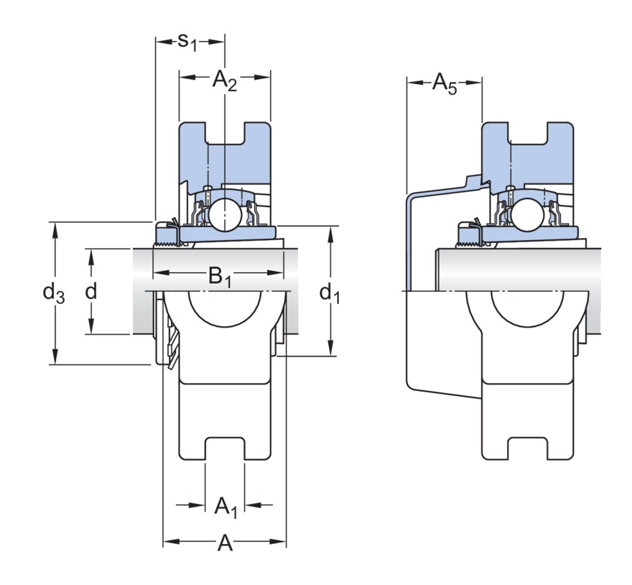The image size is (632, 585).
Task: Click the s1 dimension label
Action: pos(187,42)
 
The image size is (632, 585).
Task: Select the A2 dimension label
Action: pos(224,80)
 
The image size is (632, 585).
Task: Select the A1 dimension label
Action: pos(225,506)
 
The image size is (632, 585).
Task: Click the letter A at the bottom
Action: pos(225,544)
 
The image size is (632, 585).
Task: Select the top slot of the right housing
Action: pos(528,133)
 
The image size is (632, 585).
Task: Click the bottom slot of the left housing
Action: pos(225,448)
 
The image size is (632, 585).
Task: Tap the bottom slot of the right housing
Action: pos(528,448)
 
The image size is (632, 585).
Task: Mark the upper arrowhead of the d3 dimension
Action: pos(55,228)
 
